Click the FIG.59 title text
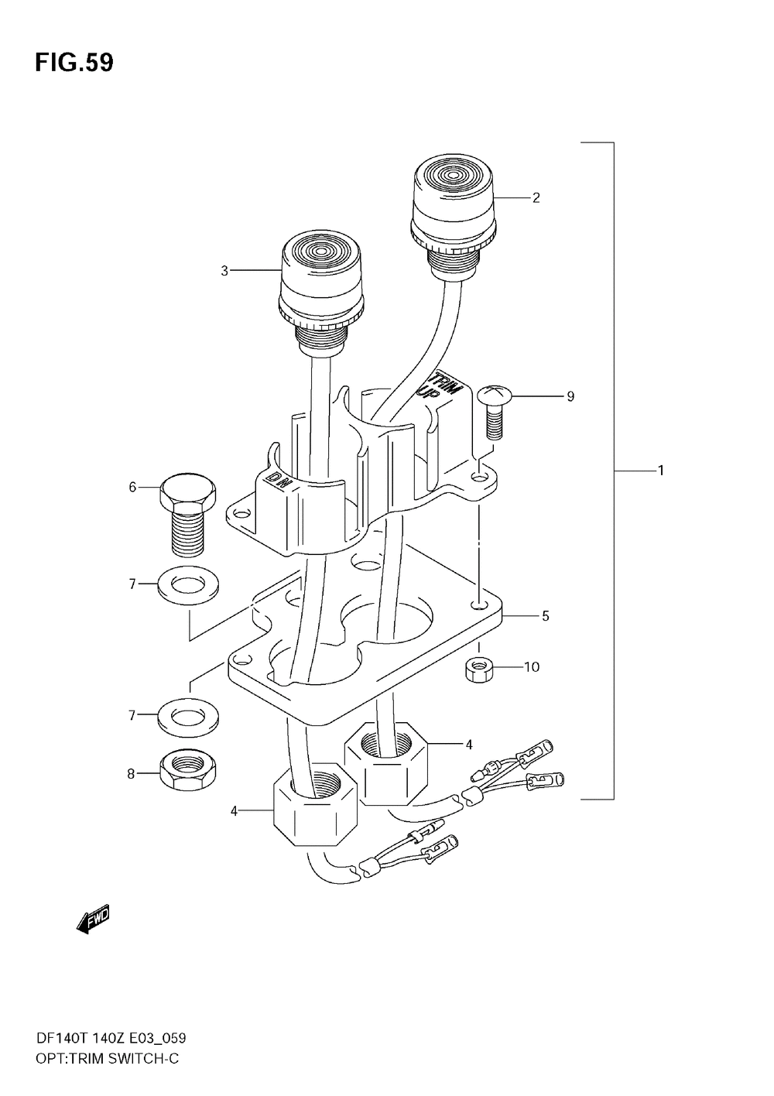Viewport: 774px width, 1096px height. point(74,63)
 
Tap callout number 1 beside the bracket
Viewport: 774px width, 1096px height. point(661,470)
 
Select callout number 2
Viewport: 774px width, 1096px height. point(536,197)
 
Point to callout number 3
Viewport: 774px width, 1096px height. point(224,270)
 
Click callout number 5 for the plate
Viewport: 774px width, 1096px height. point(546,616)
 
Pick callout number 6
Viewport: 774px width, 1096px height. point(132,487)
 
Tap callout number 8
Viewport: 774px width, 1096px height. point(132,772)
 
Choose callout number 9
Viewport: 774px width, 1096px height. point(570,396)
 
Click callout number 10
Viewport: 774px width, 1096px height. point(532,666)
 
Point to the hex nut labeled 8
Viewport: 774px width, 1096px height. point(190,770)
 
